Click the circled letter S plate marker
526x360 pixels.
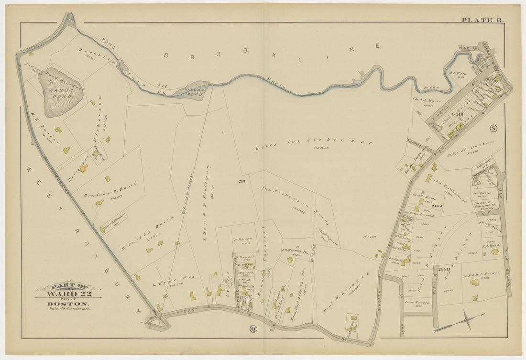[493, 128]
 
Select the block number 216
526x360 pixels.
[460, 115]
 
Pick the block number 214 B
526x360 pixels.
[444, 270]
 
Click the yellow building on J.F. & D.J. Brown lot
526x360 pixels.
[474, 282]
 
